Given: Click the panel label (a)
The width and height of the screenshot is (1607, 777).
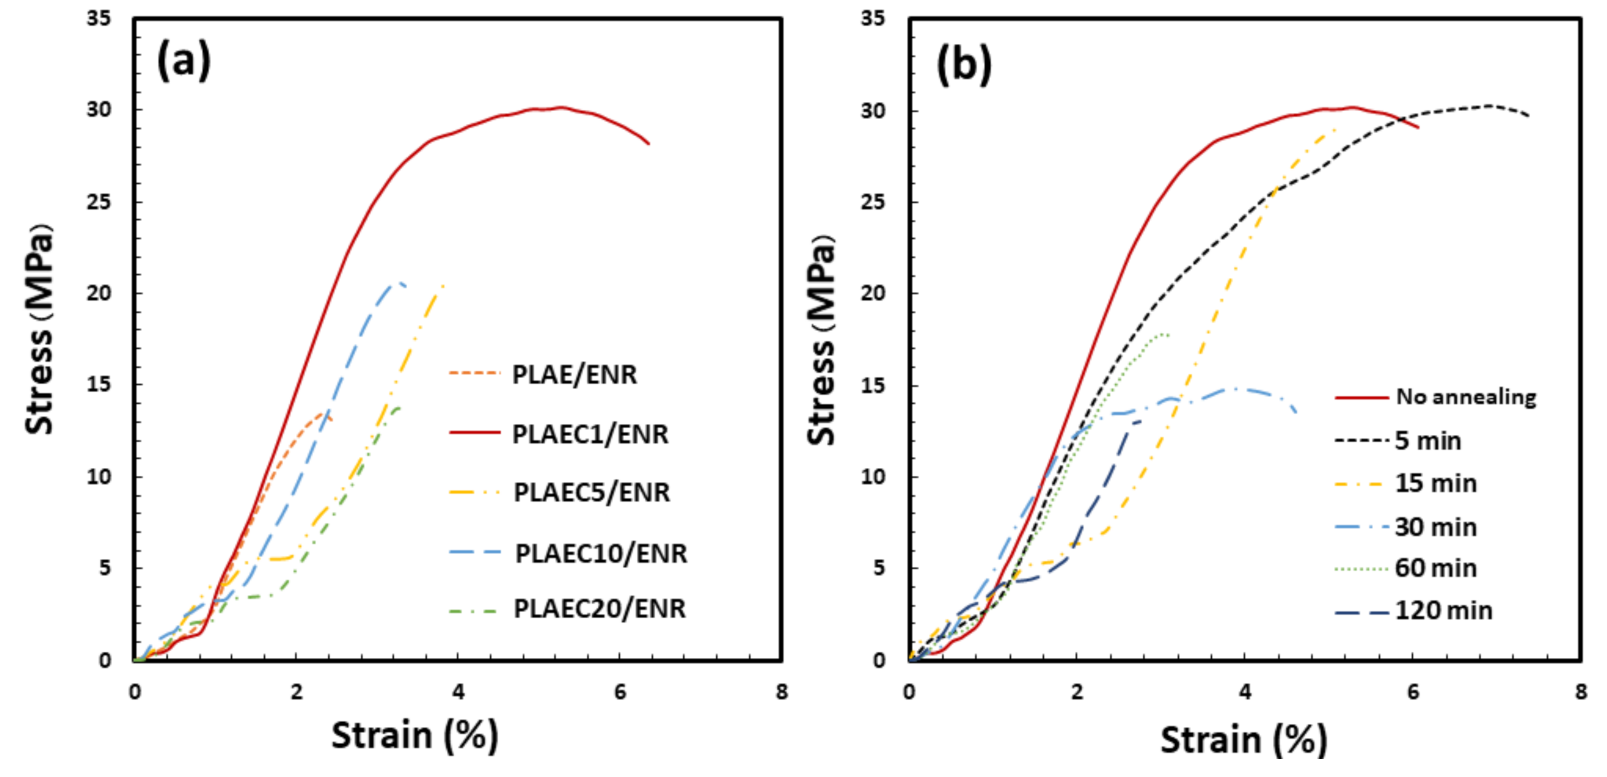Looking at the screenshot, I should click(x=183, y=61).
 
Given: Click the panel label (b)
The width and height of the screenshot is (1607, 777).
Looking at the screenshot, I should click(x=963, y=64).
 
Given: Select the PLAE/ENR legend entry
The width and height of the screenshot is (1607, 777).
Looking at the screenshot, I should click(x=574, y=374).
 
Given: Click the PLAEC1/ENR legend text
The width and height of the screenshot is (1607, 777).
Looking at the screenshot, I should click(x=589, y=434).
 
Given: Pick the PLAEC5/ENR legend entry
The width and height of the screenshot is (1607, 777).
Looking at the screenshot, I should click(x=592, y=492).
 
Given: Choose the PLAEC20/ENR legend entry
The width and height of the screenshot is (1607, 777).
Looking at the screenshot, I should click(x=599, y=608).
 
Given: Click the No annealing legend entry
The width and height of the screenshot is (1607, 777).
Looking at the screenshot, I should click(x=1466, y=396).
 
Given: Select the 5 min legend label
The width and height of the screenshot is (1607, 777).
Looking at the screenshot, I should click(x=1428, y=441).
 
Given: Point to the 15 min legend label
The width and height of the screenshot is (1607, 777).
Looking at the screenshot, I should click(x=1435, y=483).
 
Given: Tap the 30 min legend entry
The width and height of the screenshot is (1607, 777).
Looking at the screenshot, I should click(x=1435, y=527).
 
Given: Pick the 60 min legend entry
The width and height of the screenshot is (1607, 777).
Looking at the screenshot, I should click(x=1435, y=568).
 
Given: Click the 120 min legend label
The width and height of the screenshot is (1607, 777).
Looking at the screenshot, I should click(x=1444, y=610).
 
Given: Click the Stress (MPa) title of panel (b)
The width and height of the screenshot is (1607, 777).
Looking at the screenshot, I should click(x=821, y=340).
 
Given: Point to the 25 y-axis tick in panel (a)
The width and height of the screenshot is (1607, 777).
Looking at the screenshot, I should click(x=99, y=202).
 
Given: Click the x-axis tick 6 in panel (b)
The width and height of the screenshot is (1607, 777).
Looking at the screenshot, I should click(x=1413, y=691).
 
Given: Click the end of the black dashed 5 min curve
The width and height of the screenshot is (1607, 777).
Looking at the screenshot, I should click(x=1528, y=115).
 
